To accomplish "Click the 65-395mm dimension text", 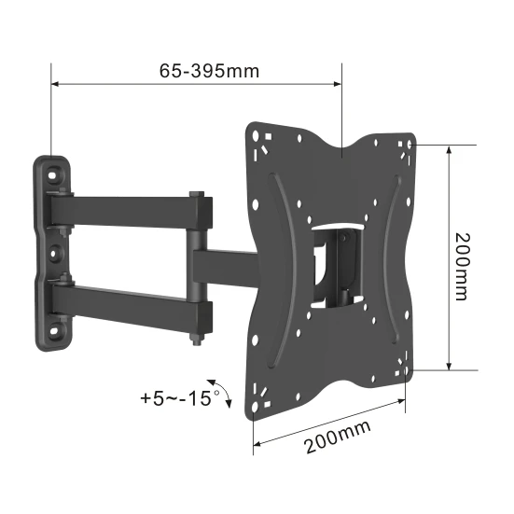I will tap(197, 71).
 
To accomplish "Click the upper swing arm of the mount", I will tap(126, 206).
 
